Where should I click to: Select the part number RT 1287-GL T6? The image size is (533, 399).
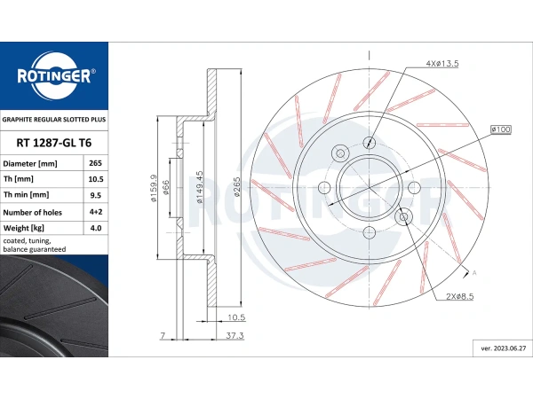(x=53, y=143)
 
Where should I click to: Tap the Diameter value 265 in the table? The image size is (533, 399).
(x=96, y=163)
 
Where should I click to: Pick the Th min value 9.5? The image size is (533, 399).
(x=96, y=195)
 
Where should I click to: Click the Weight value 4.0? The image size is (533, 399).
(x=96, y=228)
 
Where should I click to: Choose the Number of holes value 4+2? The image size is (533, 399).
(x=96, y=212)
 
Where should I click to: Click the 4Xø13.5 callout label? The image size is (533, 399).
(x=442, y=64)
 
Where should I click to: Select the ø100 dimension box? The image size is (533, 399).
(x=501, y=129)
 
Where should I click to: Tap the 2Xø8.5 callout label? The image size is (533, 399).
(x=459, y=296)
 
